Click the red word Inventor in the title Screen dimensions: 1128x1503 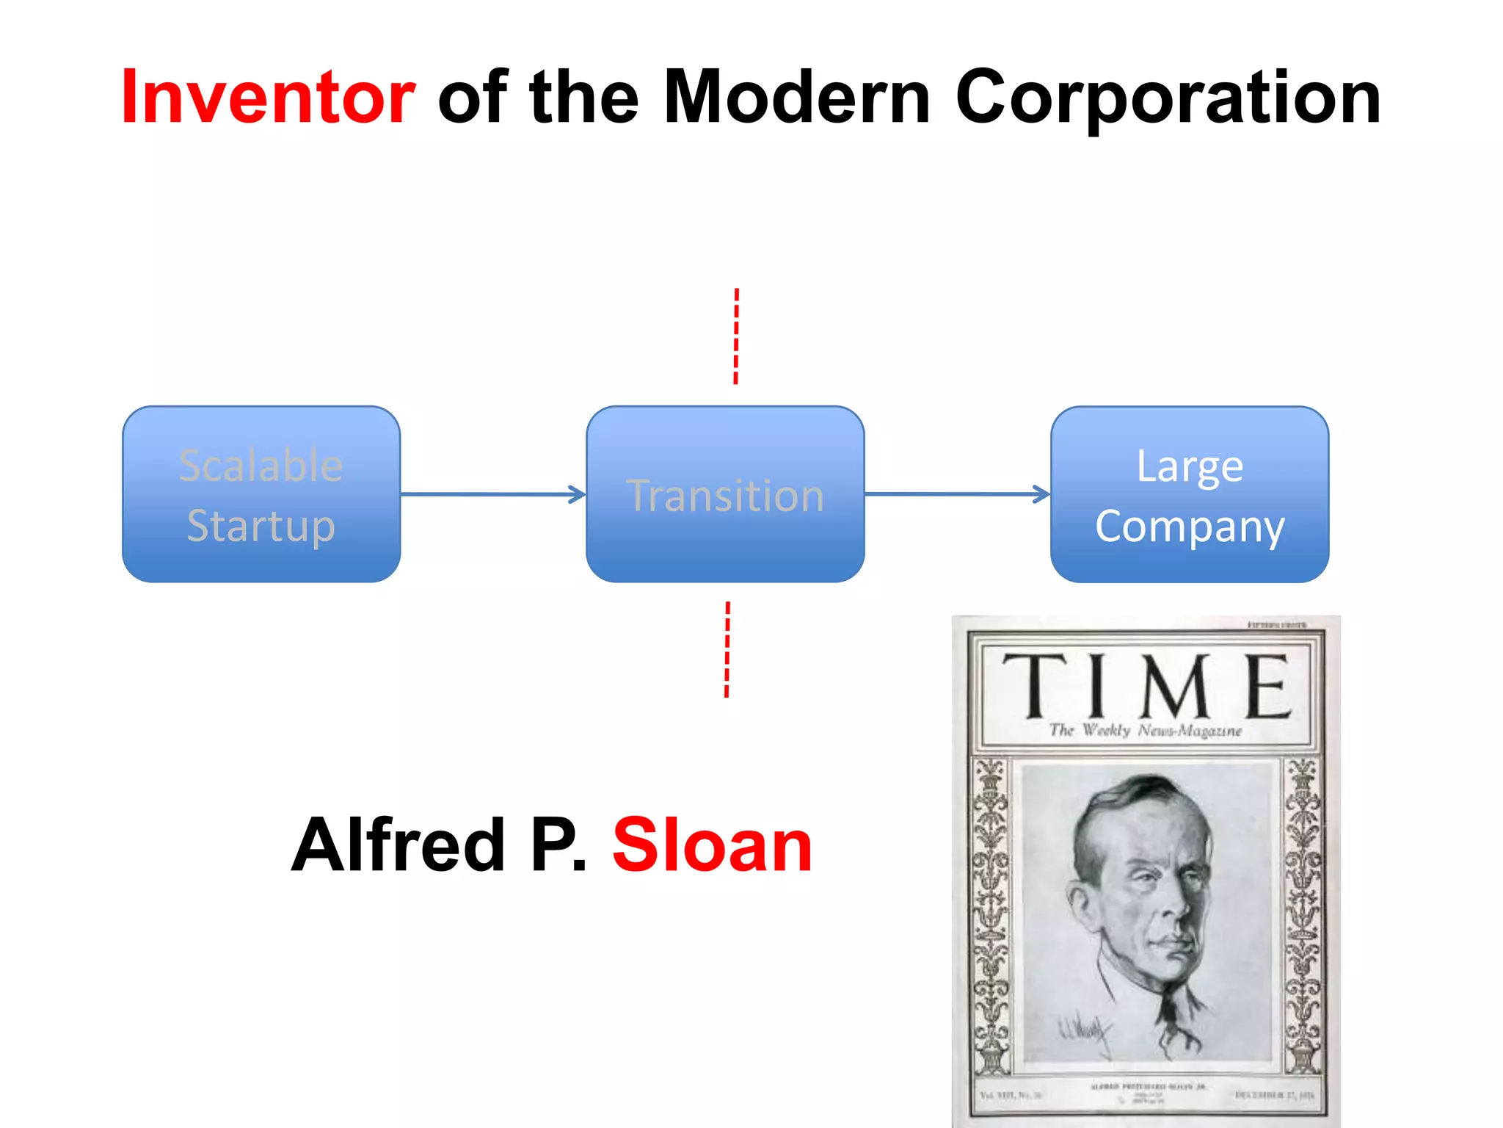tap(269, 97)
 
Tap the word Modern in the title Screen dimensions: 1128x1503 tap(796, 97)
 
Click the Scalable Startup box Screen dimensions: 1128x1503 tap(261, 494)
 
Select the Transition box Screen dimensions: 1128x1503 tap(725, 494)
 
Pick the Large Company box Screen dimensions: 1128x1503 tap(1189, 494)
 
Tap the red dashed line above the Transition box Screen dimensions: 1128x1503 tap(736, 336)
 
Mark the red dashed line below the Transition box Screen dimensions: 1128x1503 tap(727, 649)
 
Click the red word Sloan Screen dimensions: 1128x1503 tap(712, 846)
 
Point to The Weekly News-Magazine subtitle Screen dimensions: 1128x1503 tap(1145, 731)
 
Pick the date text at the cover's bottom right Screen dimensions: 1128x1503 tap(1274, 1095)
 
